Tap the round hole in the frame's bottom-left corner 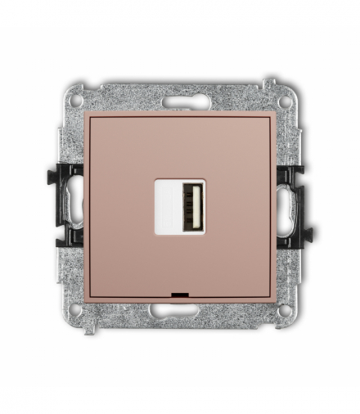click(x=76, y=310)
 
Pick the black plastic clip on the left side click(x=69, y=205)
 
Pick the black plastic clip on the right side click(x=292, y=205)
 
